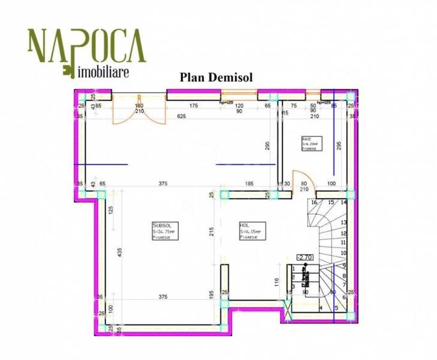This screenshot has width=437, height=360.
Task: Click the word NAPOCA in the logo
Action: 86,43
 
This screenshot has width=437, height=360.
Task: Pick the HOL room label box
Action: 249,231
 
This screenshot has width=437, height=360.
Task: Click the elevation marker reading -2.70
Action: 304,257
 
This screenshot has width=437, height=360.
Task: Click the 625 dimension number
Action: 181,116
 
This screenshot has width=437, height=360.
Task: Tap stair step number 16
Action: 313,202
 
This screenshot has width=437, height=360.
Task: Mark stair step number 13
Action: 343,223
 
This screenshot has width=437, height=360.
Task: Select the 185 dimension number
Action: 249,184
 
